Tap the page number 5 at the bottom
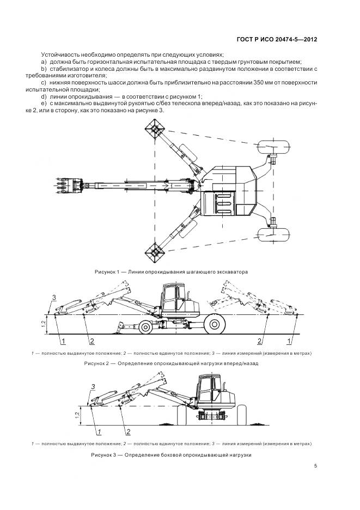pyautogui.click(x=316, y=466)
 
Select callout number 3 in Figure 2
pyautogui.click(x=53, y=296)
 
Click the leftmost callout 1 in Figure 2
pyautogui.click(x=64, y=342)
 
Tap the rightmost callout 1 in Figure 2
pyautogui.click(x=289, y=342)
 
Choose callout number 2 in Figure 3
pyautogui.click(x=128, y=432)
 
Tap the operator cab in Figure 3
pyautogui.click(x=207, y=388)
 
